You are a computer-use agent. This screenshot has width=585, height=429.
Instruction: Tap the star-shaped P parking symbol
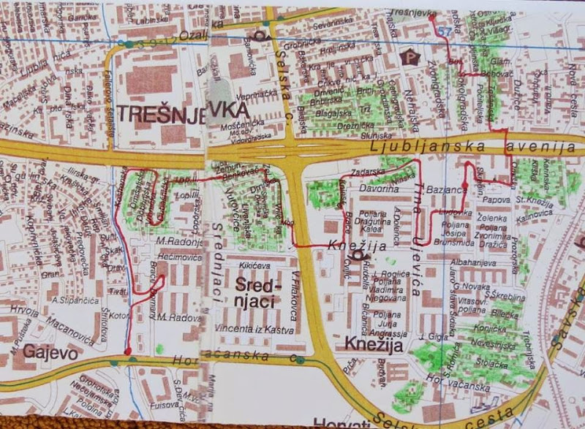(x=409, y=54)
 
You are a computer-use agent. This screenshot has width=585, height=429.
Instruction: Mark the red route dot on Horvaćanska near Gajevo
(x=127, y=352)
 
